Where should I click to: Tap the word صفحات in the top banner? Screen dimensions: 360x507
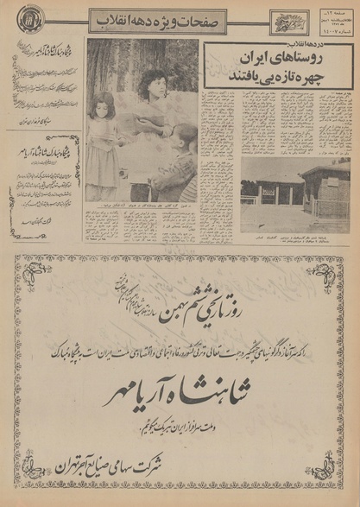tap(207, 19)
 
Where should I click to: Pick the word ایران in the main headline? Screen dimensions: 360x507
tap(246, 63)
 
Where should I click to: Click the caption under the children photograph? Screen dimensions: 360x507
tap(141, 210)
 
